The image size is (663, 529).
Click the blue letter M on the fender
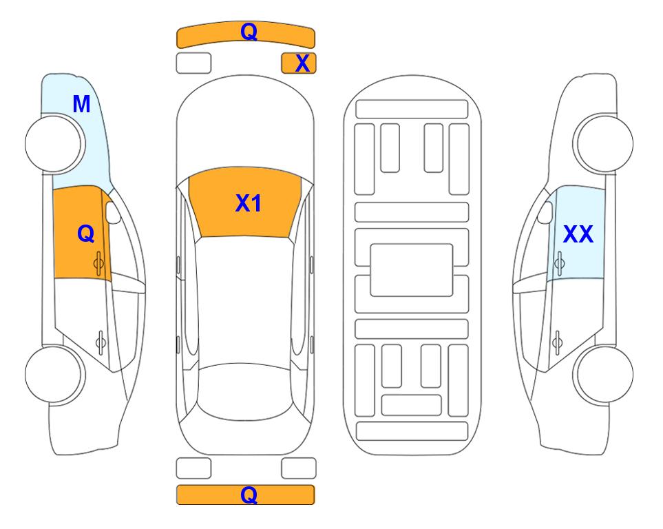click(x=81, y=104)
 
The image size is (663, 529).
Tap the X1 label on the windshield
click(x=249, y=203)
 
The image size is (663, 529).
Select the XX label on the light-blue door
click(x=578, y=234)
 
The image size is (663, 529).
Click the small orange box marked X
click(x=299, y=63)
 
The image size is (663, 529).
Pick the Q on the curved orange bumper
click(x=249, y=32)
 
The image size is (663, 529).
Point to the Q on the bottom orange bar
click(x=249, y=495)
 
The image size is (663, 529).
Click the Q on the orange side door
click(x=86, y=234)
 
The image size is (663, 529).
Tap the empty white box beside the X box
click(x=193, y=63)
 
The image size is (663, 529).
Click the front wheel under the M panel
click(x=54, y=144)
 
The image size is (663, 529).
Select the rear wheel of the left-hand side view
click(x=54, y=374)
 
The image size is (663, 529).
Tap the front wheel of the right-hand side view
click(x=604, y=143)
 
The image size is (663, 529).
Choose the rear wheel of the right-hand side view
click(x=604, y=374)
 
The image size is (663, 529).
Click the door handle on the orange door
click(x=99, y=264)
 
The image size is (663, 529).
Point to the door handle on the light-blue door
click(x=559, y=263)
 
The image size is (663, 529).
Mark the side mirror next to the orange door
click(x=112, y=212)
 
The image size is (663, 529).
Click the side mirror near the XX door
click(x=545, y=212)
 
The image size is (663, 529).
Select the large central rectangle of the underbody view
click(x=412, y=270)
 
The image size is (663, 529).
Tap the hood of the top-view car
click(x=245, y=127)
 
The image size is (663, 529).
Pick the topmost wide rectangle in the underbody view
click(x=412, y=110)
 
